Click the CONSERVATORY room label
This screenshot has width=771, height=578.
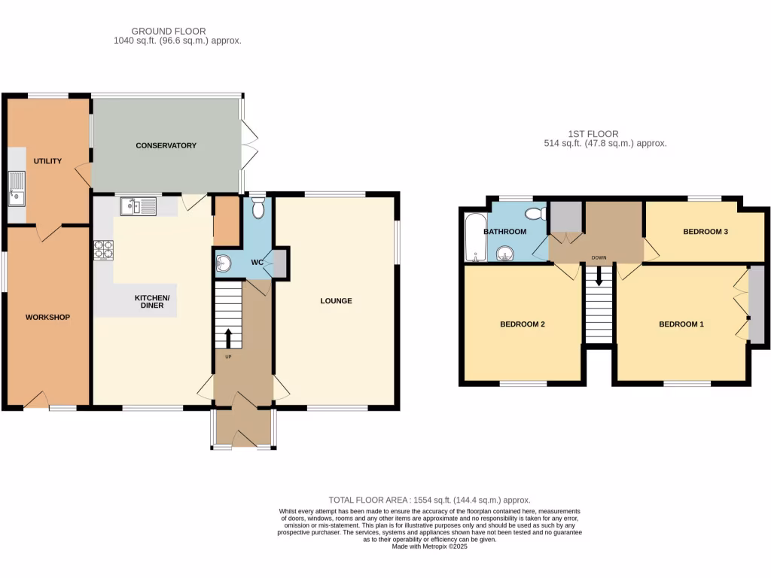pos(166,145)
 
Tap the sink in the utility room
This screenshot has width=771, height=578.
pos(16,188)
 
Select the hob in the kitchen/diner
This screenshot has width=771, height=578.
pos(102,249)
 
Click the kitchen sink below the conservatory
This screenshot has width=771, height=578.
pos(138,205)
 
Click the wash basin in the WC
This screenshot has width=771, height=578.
pos(224,263)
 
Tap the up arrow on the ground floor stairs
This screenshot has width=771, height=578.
pos(229,336)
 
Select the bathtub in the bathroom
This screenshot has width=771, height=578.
pos(473,238)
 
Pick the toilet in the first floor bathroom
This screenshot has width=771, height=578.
pos(536,213)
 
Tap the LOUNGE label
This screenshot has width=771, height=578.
pos(336,301)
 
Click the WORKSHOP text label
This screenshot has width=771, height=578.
pos(47,317)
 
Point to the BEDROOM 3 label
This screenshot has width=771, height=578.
pos(705,232)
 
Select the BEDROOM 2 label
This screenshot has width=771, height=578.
pos(522,324)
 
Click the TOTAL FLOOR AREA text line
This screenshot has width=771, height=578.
pos(429,500)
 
